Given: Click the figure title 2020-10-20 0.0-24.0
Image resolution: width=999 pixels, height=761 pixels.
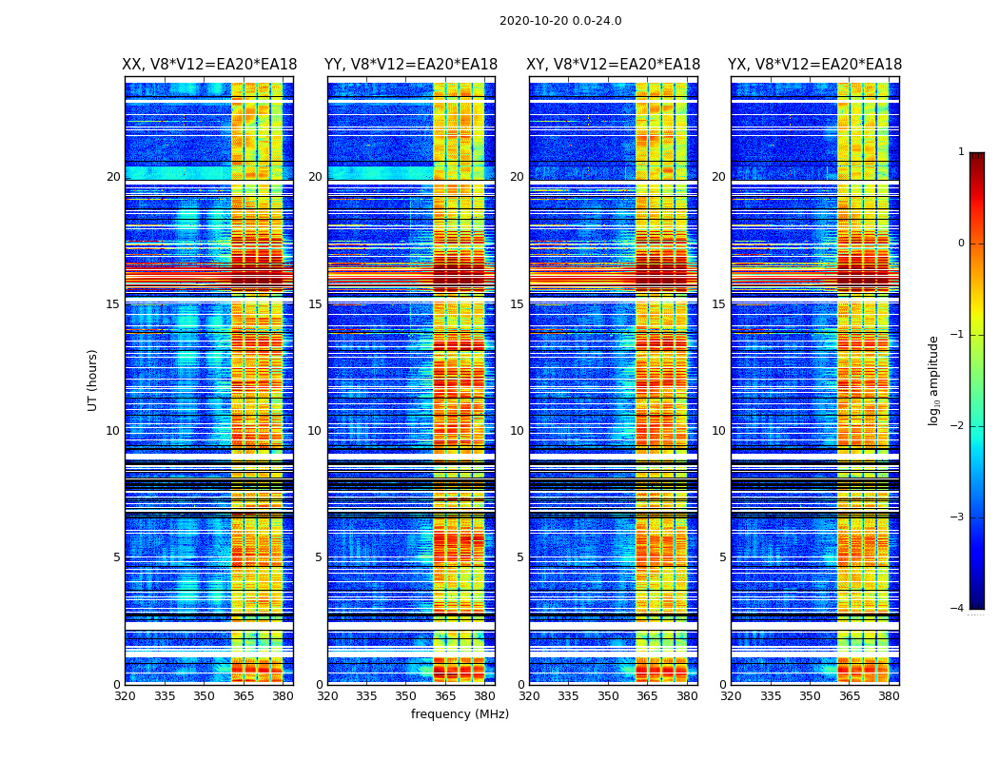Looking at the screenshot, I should (x=560, y=21).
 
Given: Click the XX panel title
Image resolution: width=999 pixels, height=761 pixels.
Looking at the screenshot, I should (x=209, y=65).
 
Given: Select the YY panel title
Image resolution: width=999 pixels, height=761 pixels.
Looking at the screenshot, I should (x=411, y=65).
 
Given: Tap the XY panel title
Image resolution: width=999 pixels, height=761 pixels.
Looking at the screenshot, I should (x=613, y=65).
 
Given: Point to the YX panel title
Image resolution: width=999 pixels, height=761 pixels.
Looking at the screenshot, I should (x=814, y=65).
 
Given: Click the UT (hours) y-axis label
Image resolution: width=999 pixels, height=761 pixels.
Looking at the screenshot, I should (x=92, y=380).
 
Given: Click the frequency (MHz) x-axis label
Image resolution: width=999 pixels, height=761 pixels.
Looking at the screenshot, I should (x=460, y=714).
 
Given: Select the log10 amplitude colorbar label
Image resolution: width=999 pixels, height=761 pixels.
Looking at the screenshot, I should (x=934, y=380).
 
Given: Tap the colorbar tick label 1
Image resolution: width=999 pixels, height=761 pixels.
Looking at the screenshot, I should (x=960, y=152).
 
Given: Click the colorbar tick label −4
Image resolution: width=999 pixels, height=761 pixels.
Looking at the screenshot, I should (x=958, y=609).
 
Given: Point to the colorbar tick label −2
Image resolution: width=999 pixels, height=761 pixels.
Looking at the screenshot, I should (x=958, y=426).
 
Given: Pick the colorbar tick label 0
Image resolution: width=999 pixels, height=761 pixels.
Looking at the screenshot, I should (x=960, y=244).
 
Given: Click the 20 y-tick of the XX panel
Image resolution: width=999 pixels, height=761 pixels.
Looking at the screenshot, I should (x=113, y=177).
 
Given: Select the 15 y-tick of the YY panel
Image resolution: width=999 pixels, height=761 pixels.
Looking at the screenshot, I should (x=315, y=304).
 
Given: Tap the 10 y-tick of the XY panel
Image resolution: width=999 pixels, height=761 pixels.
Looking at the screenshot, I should (x=517, y=431).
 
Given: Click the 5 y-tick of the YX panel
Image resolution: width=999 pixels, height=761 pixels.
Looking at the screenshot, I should (x=722, y=557).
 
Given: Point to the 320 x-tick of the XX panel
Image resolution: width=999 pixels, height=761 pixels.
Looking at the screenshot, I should (x=125, y=696).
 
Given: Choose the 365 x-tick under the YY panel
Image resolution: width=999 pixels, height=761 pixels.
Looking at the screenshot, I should (x=445, y=696).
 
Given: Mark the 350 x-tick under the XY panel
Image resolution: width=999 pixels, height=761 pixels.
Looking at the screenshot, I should (x=608, y=696).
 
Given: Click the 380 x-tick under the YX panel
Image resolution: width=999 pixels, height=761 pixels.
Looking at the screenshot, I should (x=889, y=696).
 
